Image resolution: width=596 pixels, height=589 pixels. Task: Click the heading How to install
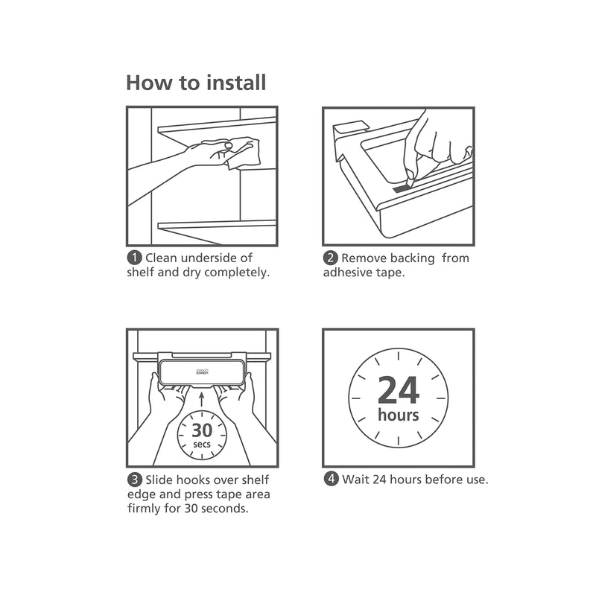click(195, 82)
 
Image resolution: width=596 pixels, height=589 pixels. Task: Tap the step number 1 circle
click(134, 258)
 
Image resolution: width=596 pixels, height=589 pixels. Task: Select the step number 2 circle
click(330, 258)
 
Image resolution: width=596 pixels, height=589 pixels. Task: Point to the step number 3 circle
click(134, 480)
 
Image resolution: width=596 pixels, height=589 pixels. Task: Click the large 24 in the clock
click(399, 389)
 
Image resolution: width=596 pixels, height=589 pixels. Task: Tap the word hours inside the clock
click(399, 415)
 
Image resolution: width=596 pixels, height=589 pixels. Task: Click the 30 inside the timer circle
click(201, 430)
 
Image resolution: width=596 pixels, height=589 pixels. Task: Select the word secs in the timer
click(201, 445)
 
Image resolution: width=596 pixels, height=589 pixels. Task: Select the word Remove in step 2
click(365, 258)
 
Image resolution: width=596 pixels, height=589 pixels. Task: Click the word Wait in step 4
click(355, 480)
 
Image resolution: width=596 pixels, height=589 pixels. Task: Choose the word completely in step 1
click(236, 273)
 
